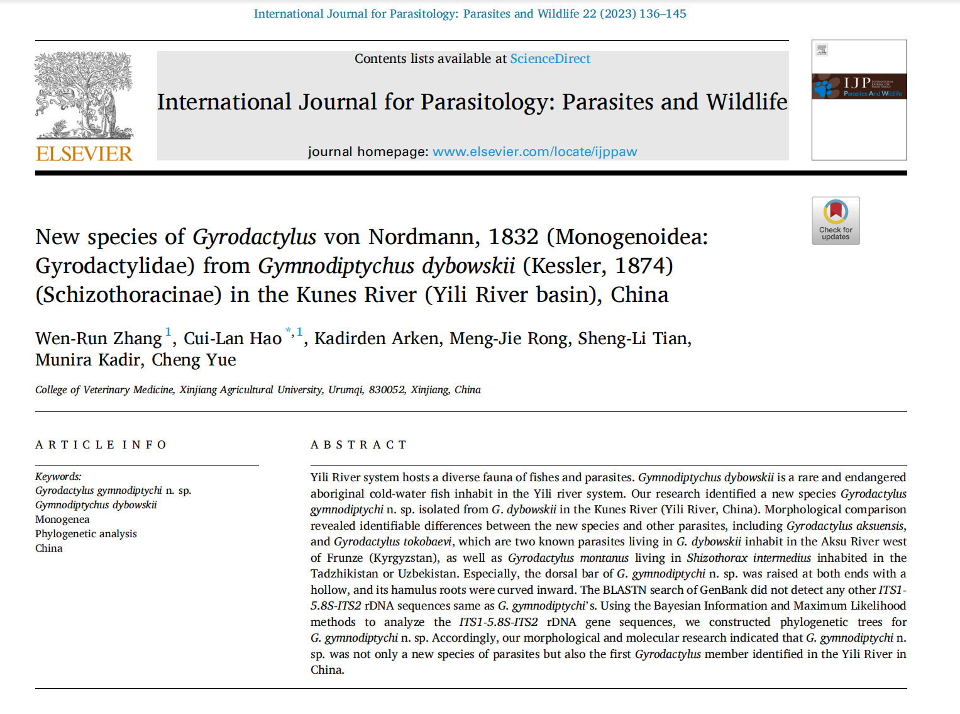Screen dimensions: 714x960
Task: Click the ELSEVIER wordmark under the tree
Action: (x=84, y=153)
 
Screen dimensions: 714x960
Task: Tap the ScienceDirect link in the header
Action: (x=550, y=59)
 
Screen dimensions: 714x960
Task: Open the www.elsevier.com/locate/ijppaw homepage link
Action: (x=534, y=152)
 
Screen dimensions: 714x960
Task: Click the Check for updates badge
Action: (x=836, y=221)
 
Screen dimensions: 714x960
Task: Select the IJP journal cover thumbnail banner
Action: (x=859, y=86)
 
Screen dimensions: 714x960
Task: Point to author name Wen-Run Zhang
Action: (x=99, y=338)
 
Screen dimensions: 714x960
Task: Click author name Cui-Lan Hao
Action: (x=233, y=338)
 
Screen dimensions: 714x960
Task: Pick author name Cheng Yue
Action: (x=194, y=360)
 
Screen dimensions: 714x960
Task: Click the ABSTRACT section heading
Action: (x=359, y=445)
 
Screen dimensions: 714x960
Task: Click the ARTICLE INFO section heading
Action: (x=101, y=445)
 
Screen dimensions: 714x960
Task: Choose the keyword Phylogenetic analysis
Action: (x=86, y=533)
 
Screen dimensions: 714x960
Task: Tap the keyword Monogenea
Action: (x=62, y=519)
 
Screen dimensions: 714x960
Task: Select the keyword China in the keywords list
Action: (x=49, y=548)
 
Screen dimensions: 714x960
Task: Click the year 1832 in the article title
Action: (x=513, y=237)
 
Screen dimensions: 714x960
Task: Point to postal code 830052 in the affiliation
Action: (x=387, y=389)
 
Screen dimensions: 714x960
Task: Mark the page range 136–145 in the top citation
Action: (x=663, y=14)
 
